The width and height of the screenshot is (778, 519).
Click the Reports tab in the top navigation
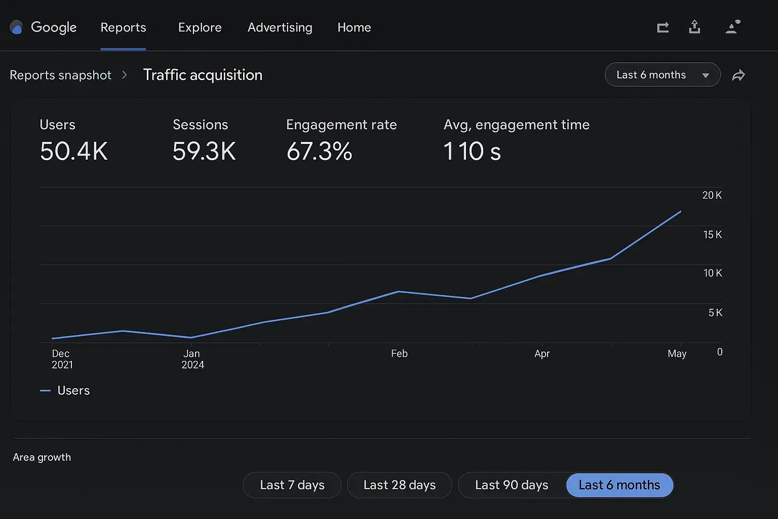pyautogui.click(x=123, y=27)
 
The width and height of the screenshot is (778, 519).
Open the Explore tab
pyautogui.click(x=200, y=27)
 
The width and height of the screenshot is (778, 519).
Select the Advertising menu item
pyautogui.click(x=280, y=27)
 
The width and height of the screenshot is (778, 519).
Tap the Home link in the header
pyautogui.click(x=354, y=27)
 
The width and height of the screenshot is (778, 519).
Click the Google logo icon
pyautogui.click(x=17, y=27)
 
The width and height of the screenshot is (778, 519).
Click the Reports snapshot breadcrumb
pyautogui.click(x=60, y=75)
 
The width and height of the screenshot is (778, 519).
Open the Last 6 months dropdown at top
pyautogui.click(x=662, y=75)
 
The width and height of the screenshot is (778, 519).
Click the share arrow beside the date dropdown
pyautogui.click(x=738, y=76)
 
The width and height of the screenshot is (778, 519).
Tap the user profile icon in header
pyautogui.click(x=732, y=27)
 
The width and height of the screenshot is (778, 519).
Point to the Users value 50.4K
pyautogui.click(x=74, y=151)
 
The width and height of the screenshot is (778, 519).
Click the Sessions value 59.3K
pyautogui.click(x=204, y=151)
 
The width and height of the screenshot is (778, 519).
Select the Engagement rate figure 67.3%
pyautogui.click(x=319, y=151)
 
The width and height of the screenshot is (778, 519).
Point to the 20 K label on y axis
pyautogui.click(x=712, y=195)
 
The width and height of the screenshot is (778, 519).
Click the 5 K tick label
pyautogui.click(x=715, y=313)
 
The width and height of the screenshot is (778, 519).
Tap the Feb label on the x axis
pyautogui.click(x=399, y=354)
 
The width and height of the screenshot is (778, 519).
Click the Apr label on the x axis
pyautogui.click(x=542, y=354)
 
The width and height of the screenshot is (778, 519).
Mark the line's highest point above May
pyautogui.click(x=680, y=211)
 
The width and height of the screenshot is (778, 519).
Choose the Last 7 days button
pyautogui.click(x=292, y=485)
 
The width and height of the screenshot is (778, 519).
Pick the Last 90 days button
pyautogui.click(x=512, y=485)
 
